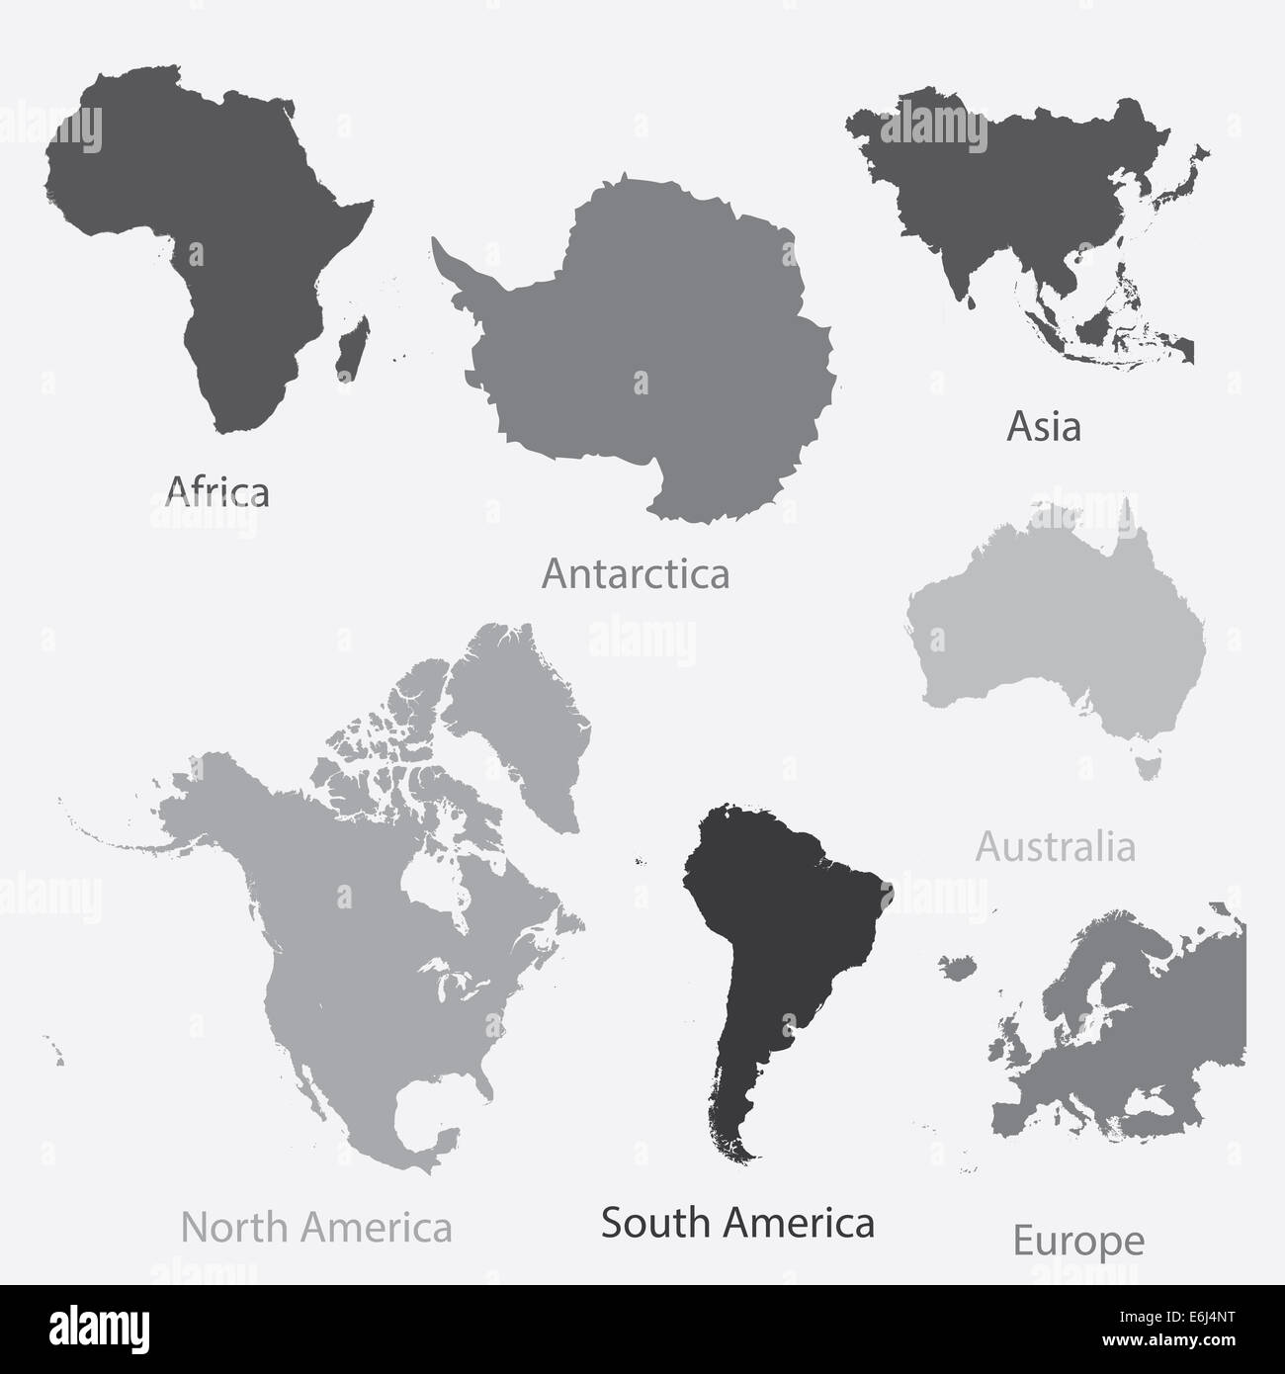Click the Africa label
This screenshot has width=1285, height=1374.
tap(217, 490)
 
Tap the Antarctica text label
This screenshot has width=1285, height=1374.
tap(636, 573)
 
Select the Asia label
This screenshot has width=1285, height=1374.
tap(1043, 427)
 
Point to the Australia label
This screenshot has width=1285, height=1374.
tap(1055, 847)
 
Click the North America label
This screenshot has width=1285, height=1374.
tap(316, 1228)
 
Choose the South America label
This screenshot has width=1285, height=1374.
tap(737, 1223)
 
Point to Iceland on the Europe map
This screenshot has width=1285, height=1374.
tap(957, 966)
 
